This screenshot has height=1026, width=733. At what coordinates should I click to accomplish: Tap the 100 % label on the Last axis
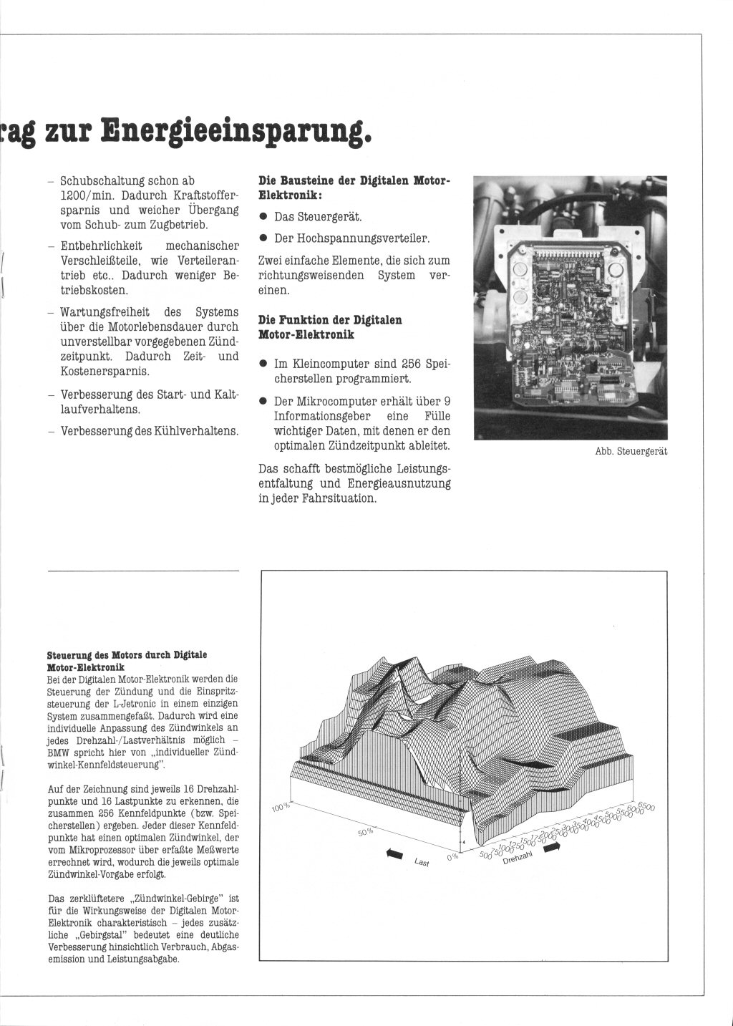click(281, 807)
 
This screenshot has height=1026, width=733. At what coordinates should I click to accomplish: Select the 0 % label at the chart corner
click(452, 856)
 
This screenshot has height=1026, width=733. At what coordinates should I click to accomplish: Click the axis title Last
click(422, 863)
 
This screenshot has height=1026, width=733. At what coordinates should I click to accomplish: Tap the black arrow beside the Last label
click(394, 852)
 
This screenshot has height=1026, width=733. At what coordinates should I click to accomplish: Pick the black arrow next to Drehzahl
click(552, 847)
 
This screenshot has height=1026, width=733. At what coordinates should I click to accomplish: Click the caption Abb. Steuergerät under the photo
click(631, 451)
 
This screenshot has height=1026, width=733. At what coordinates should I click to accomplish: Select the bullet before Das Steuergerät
click(263, 216)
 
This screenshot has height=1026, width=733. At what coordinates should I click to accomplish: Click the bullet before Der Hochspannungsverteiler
click(263, 238)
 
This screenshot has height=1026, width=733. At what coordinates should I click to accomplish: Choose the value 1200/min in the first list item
click(84, 195)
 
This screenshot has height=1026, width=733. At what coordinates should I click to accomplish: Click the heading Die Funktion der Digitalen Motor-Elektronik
click(330, 327)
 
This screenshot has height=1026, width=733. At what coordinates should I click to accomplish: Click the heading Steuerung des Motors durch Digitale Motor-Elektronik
click(127, 660)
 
